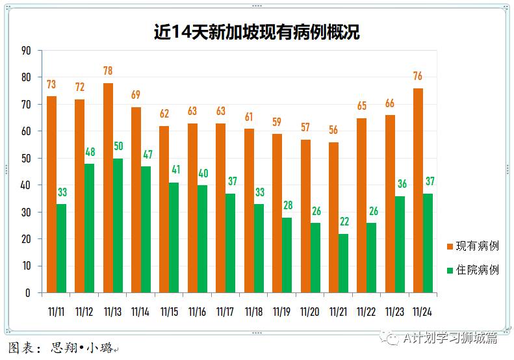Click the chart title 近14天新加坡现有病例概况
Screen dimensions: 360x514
[x=257, y=31]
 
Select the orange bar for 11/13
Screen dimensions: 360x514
[x=108, y=188]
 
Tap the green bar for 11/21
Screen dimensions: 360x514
[x=344, y=263]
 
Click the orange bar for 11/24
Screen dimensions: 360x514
[x=418, y=190]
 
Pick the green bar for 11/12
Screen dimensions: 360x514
[x=89, y=228]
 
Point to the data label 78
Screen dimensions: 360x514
[x=108, y=71]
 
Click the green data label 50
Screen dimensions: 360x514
[x=118, y=146]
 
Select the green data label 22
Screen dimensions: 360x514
[x=344, y=222]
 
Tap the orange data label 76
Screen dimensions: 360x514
[x=418, y=76]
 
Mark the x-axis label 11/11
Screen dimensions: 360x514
[x=57, y=312]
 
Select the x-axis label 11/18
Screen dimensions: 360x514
[x=253, y=312]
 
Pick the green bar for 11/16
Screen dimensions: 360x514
[x=202, y=238]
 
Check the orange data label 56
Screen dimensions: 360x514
[x=334, y=130]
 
